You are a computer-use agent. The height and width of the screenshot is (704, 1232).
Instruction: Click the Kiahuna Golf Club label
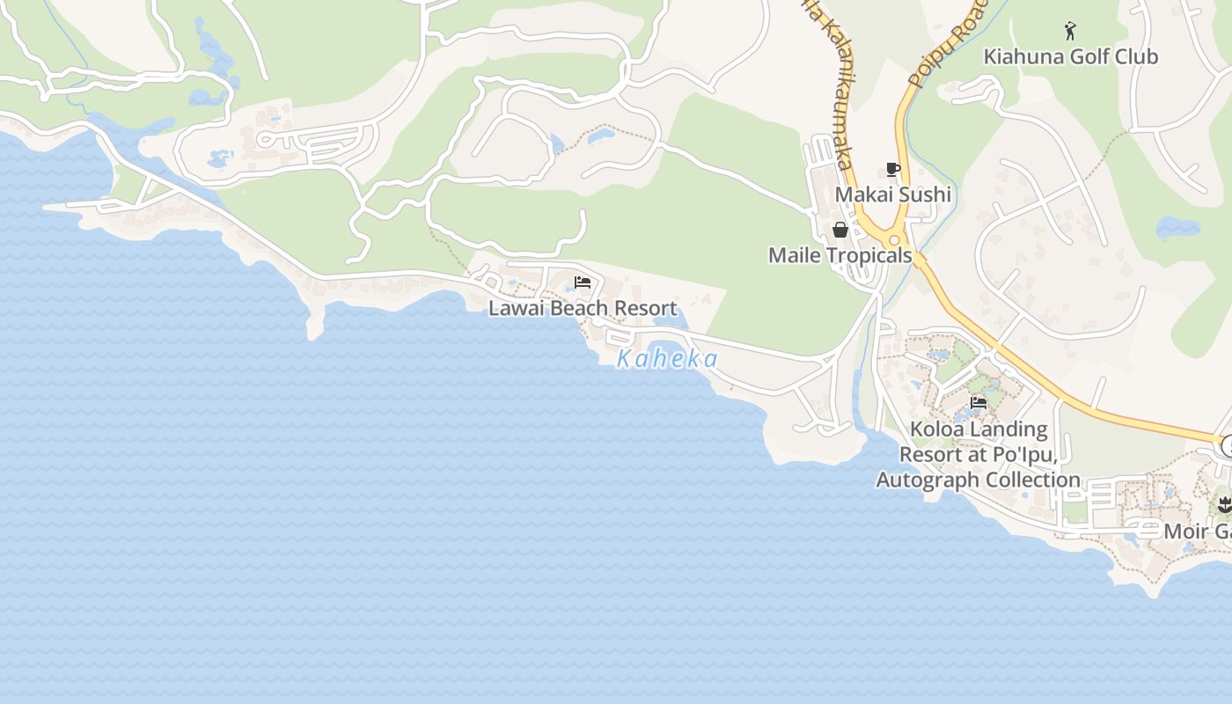1070,57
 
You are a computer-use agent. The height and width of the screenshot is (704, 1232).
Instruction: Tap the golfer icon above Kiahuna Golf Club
1070,32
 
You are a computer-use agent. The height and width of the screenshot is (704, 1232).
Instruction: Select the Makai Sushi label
892,194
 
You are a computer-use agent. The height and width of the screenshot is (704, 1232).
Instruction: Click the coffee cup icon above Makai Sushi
893,170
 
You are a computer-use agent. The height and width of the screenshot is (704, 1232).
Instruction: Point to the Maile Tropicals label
840,255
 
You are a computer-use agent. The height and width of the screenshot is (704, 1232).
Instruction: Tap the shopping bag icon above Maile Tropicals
840,231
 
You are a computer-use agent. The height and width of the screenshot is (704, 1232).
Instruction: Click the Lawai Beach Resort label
583,308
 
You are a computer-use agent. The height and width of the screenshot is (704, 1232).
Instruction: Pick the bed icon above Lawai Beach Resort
583,282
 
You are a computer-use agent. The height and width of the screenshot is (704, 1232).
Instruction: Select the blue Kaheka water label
667,359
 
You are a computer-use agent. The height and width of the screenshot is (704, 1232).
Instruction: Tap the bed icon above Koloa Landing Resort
978,404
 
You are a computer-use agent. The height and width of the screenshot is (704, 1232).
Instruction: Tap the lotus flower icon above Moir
1224,505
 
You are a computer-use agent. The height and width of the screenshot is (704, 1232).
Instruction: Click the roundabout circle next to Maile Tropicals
895,240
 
